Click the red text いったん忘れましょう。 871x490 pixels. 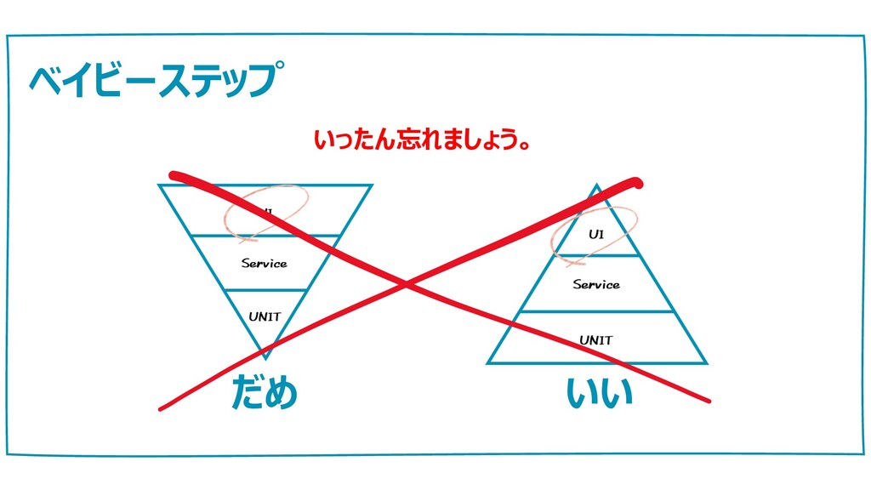coord(423,140)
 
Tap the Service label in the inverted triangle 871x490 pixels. coord(264,264)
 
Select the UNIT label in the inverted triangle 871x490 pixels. coord(265,317)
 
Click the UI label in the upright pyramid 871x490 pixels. coord(596,234)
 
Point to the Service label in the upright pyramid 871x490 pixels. coord(595,285)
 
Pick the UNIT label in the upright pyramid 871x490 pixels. coord(595,340)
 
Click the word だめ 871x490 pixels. coord(265,393)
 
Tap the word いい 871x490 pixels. coord(600,393)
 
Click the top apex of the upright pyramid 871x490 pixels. coord(597,185)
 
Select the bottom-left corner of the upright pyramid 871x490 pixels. coord(488,363)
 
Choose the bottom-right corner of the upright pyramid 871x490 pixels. coord(706,363)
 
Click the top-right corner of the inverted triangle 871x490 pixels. coord(372,185)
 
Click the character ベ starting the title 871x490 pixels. coord(42,80)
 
